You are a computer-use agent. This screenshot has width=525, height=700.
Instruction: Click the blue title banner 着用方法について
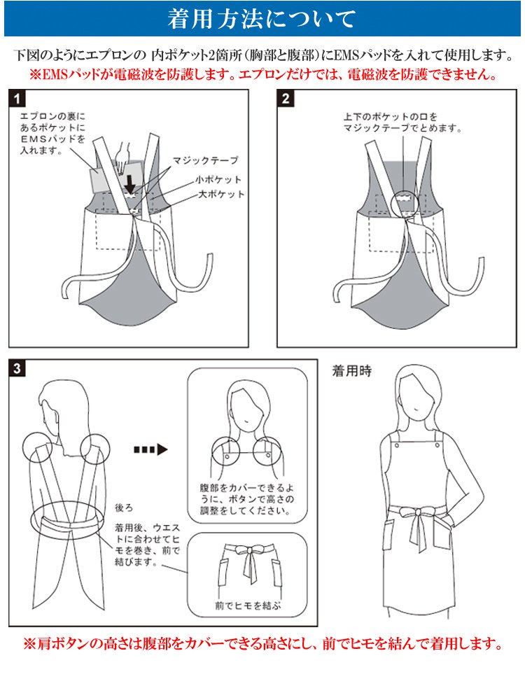click(x=262, y=19)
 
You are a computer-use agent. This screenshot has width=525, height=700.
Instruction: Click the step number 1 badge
click(x=17, y=98)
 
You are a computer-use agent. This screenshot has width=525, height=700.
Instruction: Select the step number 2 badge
click(x=286, y=98)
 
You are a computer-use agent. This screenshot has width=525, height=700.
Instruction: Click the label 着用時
click(x=351, y=372)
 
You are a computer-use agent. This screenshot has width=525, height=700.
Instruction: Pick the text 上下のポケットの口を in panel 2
click(x=390, y=116)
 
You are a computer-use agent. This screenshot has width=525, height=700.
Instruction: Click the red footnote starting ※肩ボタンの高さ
click(x=262, y=643)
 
